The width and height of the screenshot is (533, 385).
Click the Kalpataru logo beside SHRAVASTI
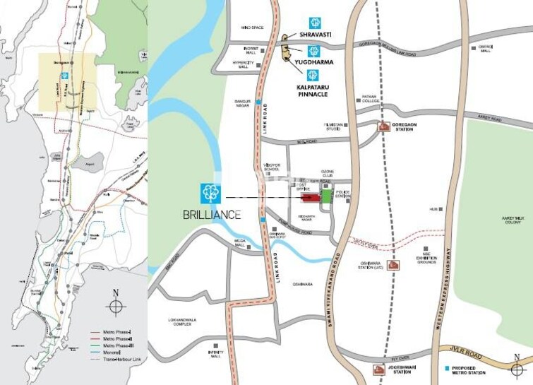[313, 23]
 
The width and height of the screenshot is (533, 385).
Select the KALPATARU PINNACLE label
[312, 90]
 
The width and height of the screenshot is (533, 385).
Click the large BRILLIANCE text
[210, 214]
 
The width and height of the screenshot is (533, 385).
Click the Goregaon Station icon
[384, 126]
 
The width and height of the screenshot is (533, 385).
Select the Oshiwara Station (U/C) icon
[394, 265]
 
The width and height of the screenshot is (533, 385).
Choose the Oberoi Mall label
[485, 49]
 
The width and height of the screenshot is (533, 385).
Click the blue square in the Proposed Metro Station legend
[447, 369]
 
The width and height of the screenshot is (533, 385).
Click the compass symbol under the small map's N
[116, 307]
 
